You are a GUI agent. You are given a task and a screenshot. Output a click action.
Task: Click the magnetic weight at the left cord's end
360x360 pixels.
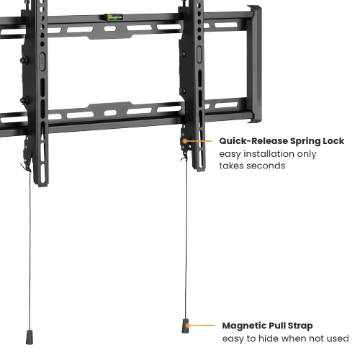pyautogui.click(x=31, y=336)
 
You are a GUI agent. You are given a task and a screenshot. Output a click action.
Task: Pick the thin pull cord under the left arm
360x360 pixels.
pyautogui.click(x=32, y=252)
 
